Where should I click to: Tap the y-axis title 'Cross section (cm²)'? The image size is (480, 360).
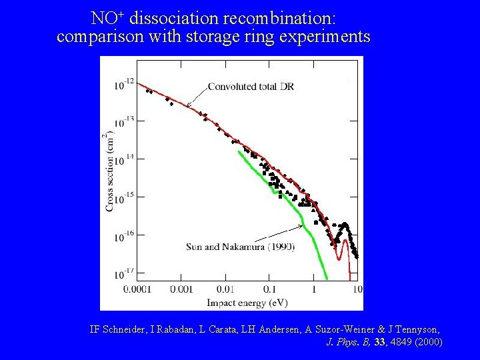pos(109,173)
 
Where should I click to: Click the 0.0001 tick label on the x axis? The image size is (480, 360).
pos(139,289)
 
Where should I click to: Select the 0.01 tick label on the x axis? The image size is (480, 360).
pos(225,289)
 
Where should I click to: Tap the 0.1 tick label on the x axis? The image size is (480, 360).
pos(269,289)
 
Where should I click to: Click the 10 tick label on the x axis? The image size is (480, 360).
pos(357,289)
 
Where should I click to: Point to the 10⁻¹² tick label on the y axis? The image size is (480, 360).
pos(124,83)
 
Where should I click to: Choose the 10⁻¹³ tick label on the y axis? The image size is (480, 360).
pos(124,121)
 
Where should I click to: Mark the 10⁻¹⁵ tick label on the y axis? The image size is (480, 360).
pos(124,197)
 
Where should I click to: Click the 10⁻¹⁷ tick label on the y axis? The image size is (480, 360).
pos(124,272)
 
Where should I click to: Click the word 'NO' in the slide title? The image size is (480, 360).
pos(102,17)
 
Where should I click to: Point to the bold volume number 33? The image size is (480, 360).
pos(380,342)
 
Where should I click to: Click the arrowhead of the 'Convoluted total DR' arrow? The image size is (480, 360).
pos(187,105)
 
